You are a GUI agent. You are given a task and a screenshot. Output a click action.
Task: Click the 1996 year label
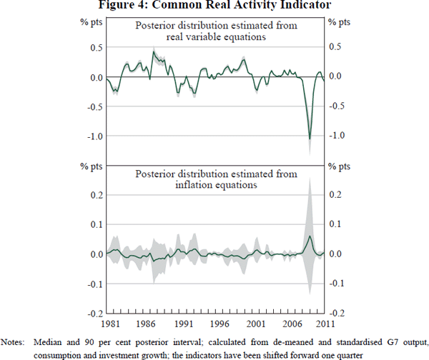[x=221, y=323]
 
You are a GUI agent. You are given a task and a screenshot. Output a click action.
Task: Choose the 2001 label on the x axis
[x=256, y=323]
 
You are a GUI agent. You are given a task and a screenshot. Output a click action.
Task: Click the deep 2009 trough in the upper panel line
[x=310, y=139]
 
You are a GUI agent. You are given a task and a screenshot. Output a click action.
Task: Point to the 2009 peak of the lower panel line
[x=310, y=236]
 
